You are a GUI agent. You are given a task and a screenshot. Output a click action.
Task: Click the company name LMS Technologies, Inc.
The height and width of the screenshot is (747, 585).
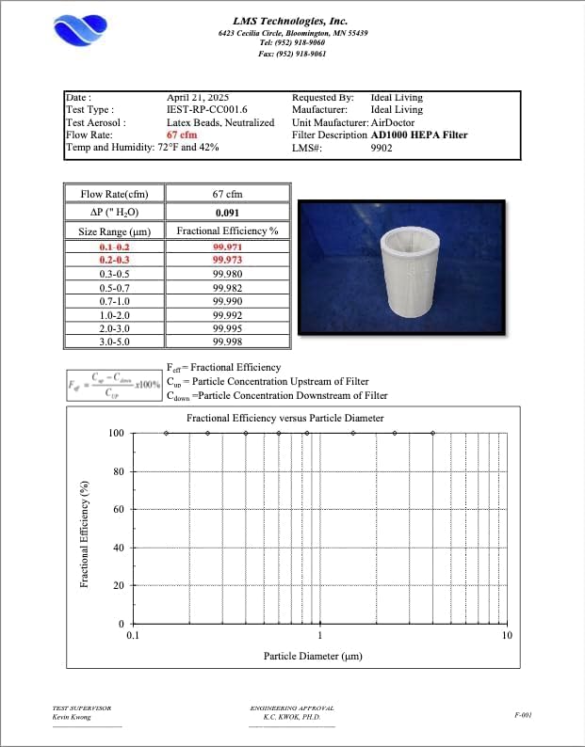[290, 20]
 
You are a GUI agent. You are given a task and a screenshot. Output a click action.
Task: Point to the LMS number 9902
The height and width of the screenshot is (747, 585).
[383, 148]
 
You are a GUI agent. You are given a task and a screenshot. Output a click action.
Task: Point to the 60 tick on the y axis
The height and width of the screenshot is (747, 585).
[118, 509]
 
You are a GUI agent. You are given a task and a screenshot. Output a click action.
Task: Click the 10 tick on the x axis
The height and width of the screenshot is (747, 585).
[507, 636]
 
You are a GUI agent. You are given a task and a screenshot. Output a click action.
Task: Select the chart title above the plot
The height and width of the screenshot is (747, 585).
[284, 418]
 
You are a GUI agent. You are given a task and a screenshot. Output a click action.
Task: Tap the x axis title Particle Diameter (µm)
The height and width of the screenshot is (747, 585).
[313, 656]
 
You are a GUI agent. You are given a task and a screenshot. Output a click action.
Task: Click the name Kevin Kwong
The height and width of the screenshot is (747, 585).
[72, 718]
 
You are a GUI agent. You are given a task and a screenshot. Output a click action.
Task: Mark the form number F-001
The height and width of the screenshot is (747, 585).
[524, 715]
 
